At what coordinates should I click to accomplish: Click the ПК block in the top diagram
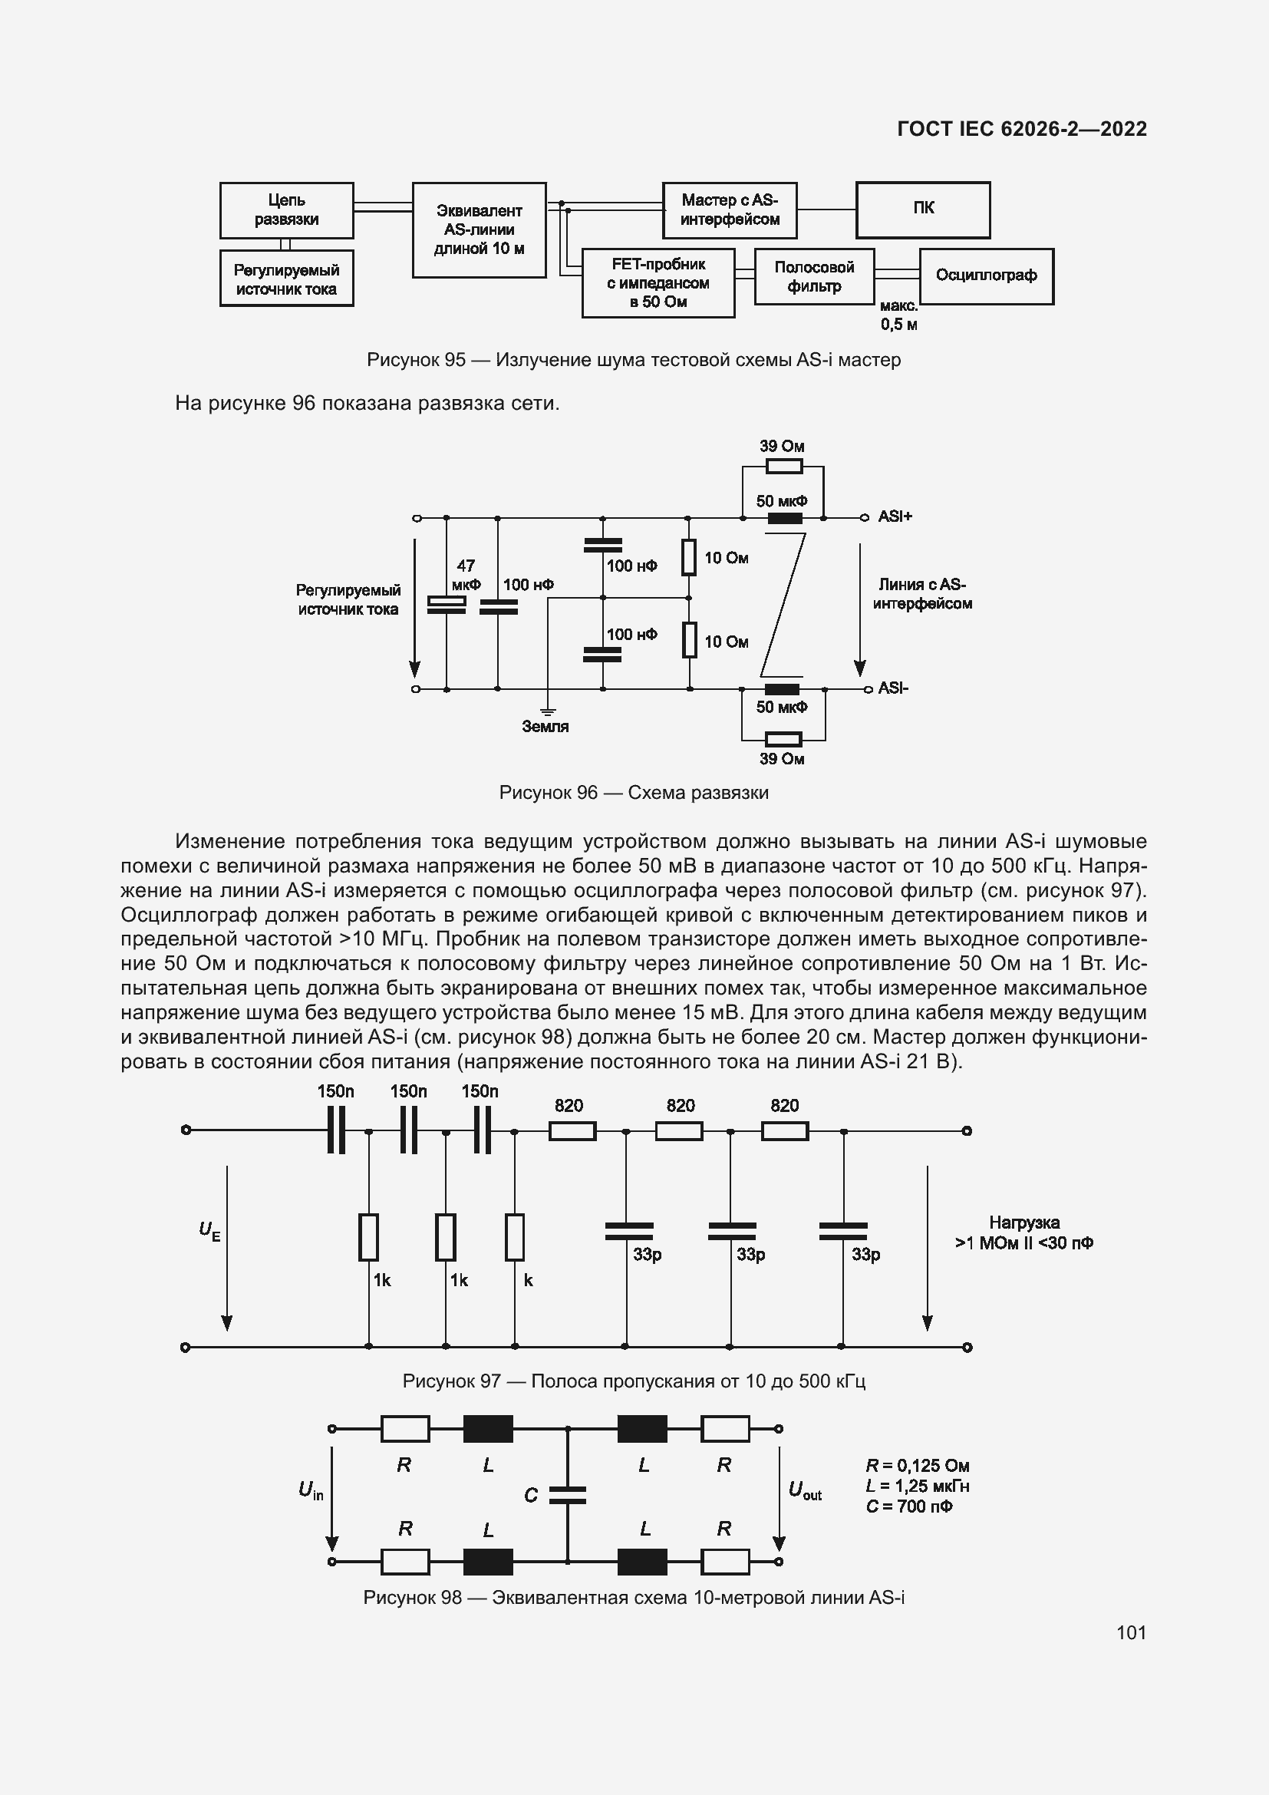pyautogui.click(x=923, y=210)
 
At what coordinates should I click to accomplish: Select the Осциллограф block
pyautogui.click(x=986, y=276)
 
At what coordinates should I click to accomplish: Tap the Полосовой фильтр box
pyautogui.click(x=813, y=276)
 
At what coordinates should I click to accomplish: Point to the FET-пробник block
pyautogui.click(x=658, y=283)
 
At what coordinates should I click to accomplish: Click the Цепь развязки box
pyautogui.click(x=286, y=210)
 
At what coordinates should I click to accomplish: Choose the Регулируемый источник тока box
pyautogui.click(x=286, y=279)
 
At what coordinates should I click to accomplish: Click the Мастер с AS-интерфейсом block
pyautogui.click(x=729, y=210)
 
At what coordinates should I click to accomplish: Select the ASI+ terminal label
pyautogui.click(x=895, y=516)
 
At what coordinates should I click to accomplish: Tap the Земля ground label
pyautogui.click(x=545, y=726)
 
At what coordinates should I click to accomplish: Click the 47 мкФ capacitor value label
pyautogui.click(x=466, y=575)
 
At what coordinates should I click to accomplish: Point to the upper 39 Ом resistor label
pyautogui.click(x=781, y=447)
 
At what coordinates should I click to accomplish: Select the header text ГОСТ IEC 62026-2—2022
pyautogui.click(x=1021, y=129)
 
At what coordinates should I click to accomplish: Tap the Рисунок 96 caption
pyautogui.click(x=634, y=793)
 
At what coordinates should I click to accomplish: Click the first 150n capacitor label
pyautogui.click(x=335, y=1091)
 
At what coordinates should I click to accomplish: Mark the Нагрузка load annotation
pyautogui.click(x=1023, y=1233)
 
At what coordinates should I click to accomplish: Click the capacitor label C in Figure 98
pyautogui.click(x=531, y=1496)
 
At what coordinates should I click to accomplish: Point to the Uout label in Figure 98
pyautogui.click(x=805, y=1490)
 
